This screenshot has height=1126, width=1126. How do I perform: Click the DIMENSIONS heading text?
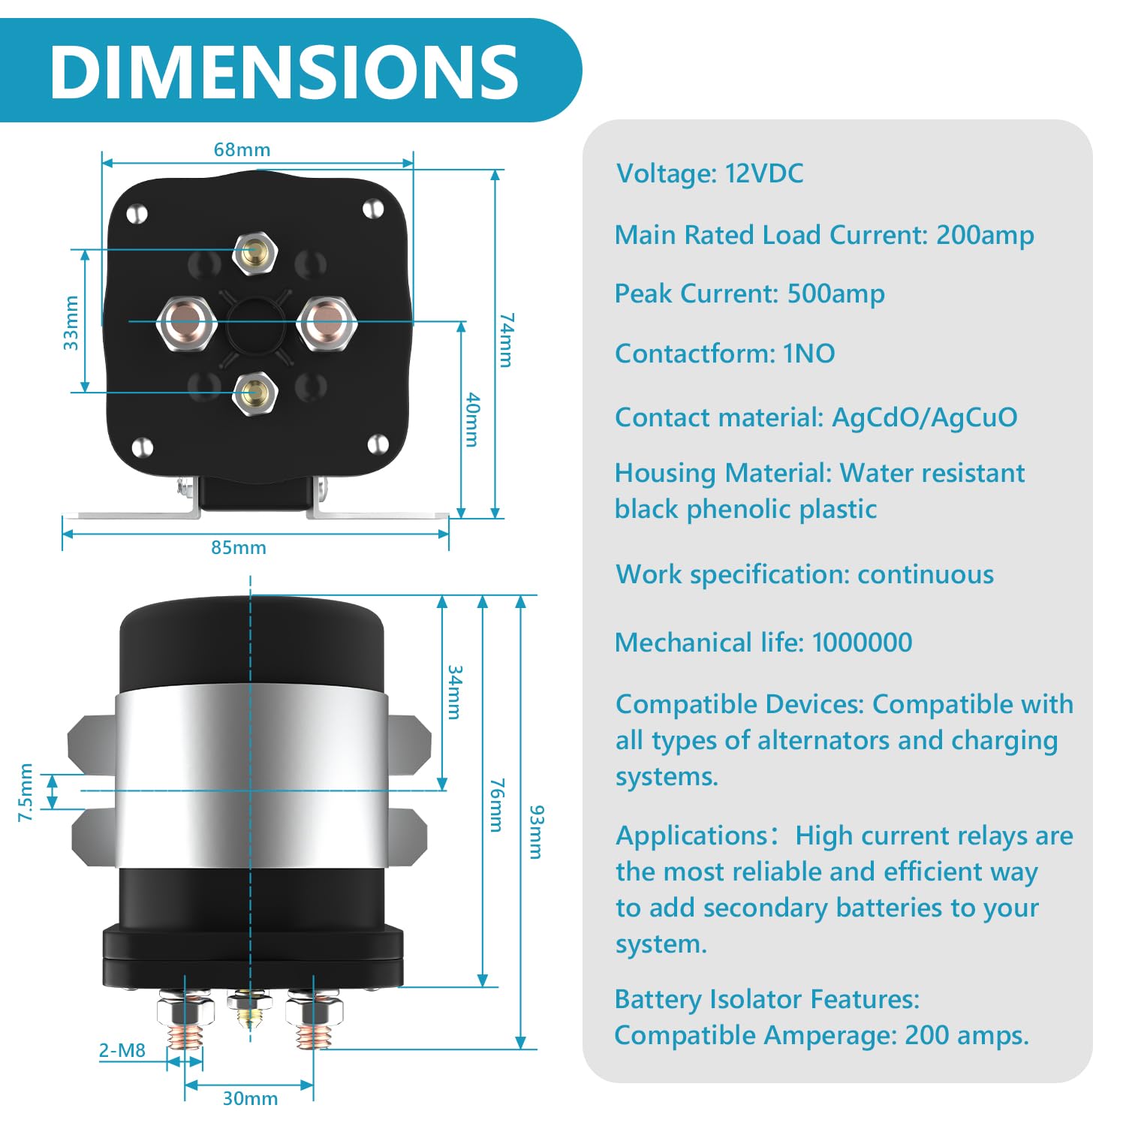[284, 71]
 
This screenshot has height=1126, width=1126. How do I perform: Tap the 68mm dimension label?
[242, 149]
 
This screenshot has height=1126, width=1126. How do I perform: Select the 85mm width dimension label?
[238, 547]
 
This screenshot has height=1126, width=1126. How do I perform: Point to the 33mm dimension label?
[71, 323]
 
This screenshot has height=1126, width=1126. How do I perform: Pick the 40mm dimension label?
[472, 419]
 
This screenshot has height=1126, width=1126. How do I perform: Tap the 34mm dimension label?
[455, 692]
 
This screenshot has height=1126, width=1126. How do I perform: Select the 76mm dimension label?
[496, 805]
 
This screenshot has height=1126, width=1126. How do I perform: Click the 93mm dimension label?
[536, 832]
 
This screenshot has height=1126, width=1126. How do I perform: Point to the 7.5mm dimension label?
[26, 792]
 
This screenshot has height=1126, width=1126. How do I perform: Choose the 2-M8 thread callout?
[122, 1050]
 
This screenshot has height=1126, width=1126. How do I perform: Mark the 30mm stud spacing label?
[250, 1098]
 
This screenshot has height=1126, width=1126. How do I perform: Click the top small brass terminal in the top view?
[255, 252]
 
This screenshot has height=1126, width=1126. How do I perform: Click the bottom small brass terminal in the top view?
[255, 392]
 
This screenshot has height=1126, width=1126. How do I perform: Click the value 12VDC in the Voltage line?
[763, 173]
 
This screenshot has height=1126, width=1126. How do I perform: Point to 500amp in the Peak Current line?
[835, 294]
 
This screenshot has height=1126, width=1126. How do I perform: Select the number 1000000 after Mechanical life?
[862, 643]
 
